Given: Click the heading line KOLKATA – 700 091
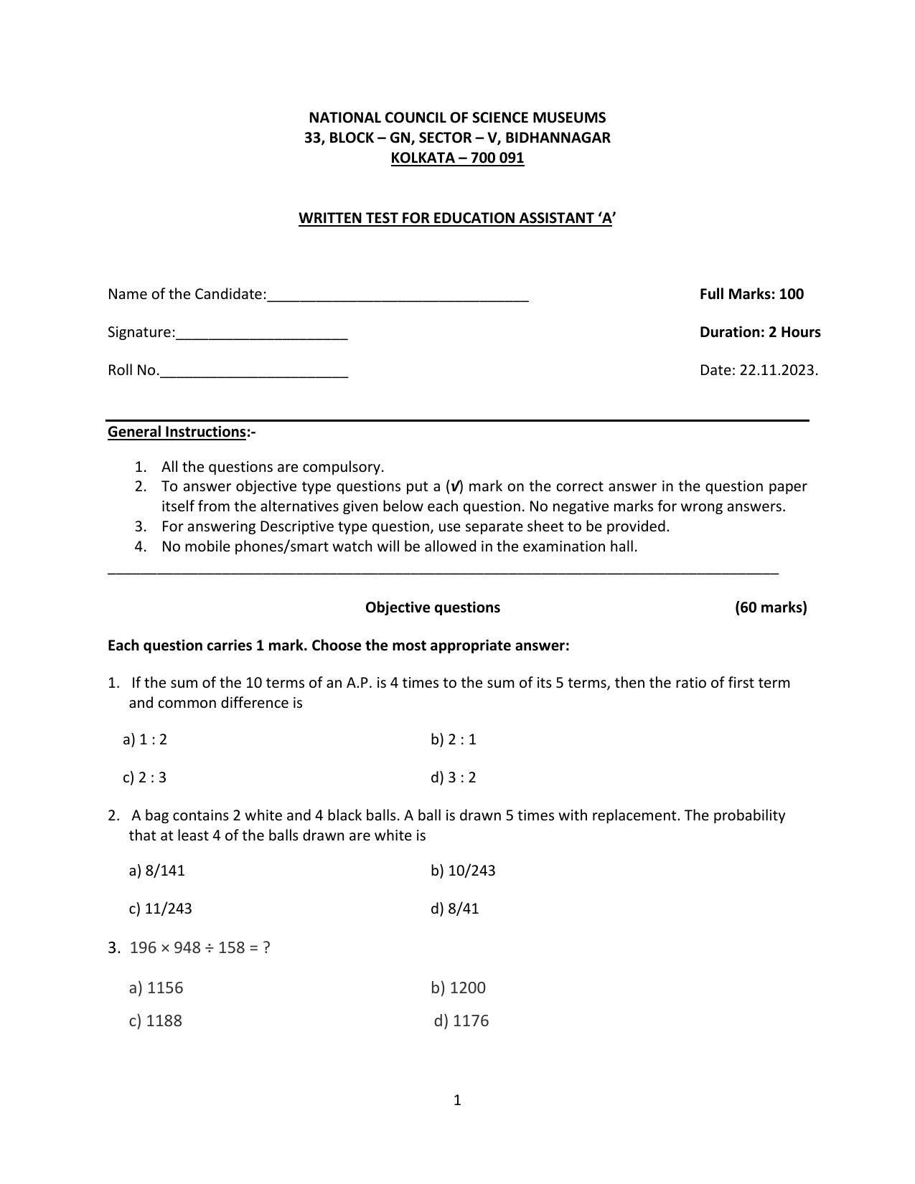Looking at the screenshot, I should (457, 158).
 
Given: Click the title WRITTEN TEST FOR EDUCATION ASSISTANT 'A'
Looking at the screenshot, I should (457, 218).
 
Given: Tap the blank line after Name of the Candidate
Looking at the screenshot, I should (398, 296).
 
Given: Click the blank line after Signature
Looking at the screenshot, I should (262, 334).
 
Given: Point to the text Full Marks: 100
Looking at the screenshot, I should (751, 294).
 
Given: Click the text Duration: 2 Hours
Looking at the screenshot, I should (760, 332).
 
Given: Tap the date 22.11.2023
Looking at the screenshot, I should (778, 370).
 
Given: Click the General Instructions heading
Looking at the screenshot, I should (177, 432).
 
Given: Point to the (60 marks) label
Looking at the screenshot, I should (771, 607).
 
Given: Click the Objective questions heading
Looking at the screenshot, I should (433, 607).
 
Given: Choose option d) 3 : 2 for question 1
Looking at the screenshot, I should (454, 777).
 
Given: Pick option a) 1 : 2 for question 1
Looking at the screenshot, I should (145, 739).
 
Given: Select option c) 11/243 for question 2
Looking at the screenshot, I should (161, 909).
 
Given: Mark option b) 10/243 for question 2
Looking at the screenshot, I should (463, 871).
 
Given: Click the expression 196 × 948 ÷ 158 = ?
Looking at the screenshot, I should (200, 947).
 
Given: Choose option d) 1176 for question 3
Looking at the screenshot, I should (461, 1020).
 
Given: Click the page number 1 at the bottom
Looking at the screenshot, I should (457, 1100).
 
